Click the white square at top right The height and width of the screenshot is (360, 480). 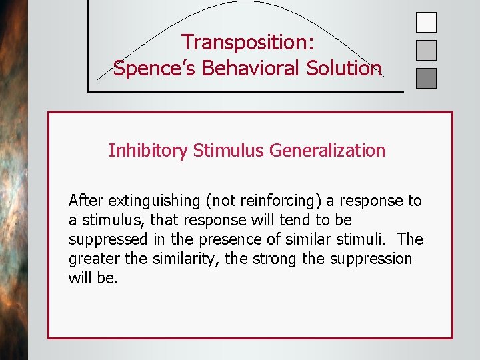426,23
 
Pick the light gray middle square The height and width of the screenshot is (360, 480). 426,51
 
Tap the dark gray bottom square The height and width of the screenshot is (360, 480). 426,79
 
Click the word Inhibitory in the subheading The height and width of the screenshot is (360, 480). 148,151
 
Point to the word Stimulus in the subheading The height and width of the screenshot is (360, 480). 229,151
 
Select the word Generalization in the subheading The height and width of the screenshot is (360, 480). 327,151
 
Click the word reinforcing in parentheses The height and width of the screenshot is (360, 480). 261,201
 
